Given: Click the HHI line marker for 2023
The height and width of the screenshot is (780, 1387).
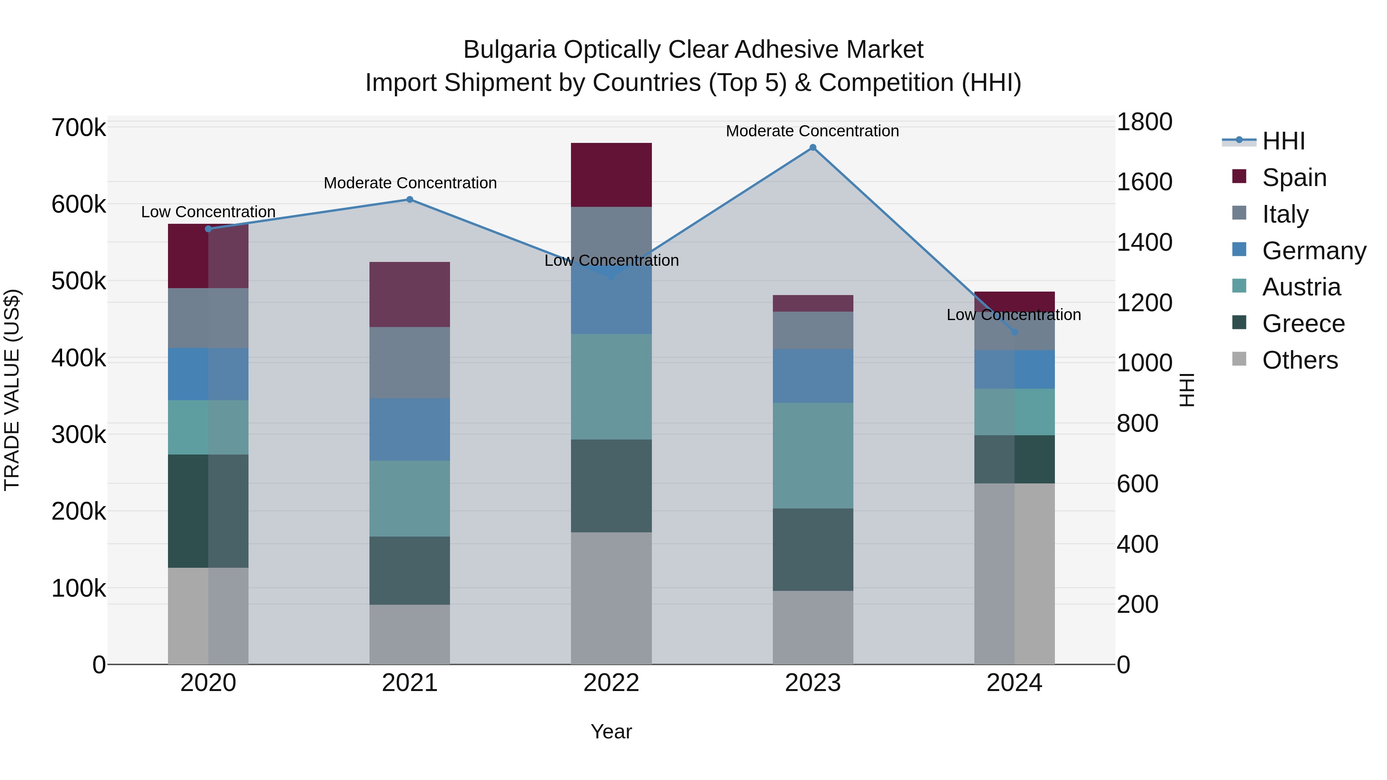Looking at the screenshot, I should (x=813, y=148).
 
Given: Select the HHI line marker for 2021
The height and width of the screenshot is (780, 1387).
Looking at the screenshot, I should (x=410, y=200).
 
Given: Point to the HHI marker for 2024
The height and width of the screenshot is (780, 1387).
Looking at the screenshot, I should (x=1014, y=332).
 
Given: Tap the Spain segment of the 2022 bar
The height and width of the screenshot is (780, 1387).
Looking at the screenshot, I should (x=611, y=175).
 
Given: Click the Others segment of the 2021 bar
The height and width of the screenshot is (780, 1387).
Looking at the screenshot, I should (x=410, y=634).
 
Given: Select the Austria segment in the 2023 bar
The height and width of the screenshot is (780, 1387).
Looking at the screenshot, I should (x=813, y=455).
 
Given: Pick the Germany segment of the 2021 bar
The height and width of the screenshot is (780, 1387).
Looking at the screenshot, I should (x=410, y=429).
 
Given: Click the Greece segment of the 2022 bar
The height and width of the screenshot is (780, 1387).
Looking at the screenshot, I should (x=611, y=486).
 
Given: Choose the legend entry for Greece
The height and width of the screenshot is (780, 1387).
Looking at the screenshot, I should (x=1303, y=324).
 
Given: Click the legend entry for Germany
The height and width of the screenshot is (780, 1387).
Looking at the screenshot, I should (x=1314, y=251).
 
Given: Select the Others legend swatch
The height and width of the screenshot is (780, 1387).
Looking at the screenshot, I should (x=1239, y=359).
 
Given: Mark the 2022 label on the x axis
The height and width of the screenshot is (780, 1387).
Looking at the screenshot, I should (x=611, y=683).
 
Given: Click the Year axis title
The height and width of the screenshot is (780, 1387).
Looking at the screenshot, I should (x=611, y=731).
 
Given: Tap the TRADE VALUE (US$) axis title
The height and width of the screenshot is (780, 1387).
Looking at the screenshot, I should (x=12, y=390).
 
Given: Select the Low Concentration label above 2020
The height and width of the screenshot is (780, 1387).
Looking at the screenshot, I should (x=208, y=212).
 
